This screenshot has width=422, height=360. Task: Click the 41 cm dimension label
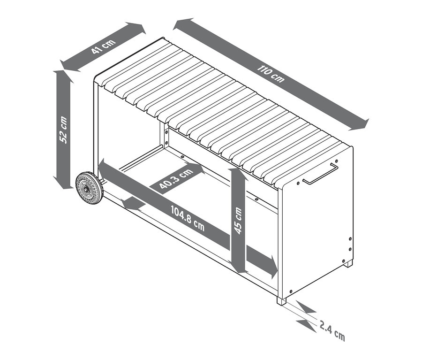point(103,46)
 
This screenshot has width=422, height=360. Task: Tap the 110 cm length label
point(270,73)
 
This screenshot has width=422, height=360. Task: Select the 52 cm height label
point(63,130)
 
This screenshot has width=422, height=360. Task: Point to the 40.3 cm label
point(176,178)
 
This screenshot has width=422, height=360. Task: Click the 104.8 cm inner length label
point(188,218)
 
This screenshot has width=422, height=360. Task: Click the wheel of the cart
point(89,188)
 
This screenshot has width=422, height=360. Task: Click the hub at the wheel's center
point(86,189)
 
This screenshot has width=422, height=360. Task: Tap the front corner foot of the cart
point(281,301)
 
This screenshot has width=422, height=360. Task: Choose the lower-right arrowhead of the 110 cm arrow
point(360,124)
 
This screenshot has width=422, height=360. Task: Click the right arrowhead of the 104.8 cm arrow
point(274,268)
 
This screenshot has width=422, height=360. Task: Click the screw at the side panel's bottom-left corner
point(291,291)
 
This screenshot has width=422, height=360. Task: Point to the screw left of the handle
point(298,183)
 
